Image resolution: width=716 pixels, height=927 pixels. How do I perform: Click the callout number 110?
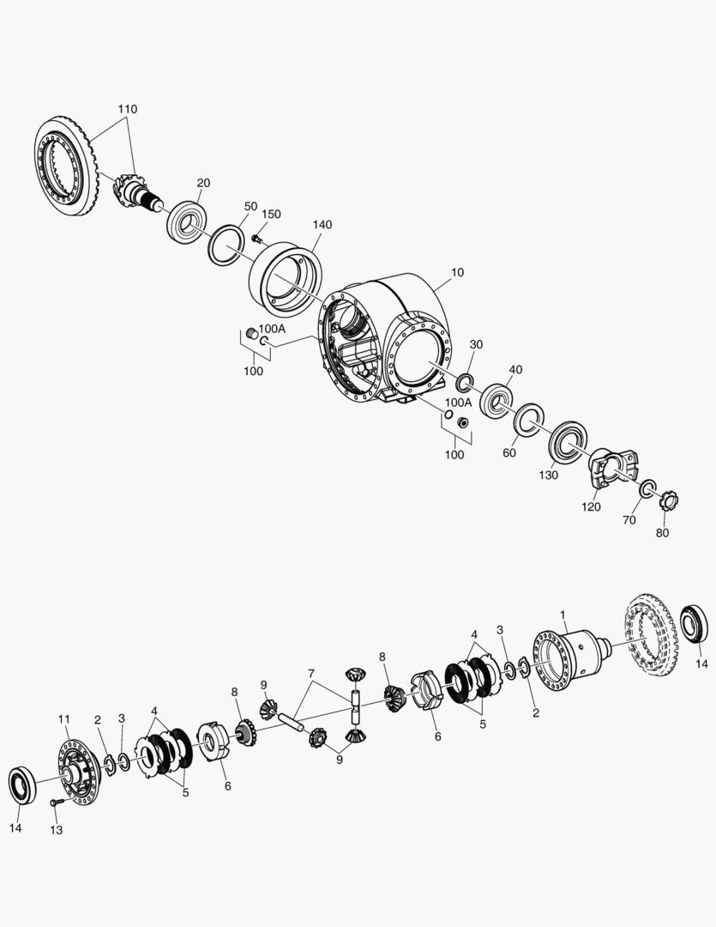click(128, 109)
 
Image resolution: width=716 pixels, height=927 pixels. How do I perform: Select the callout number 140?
click(322, 225)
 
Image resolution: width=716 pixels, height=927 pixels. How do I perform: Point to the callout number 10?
click(458, 273)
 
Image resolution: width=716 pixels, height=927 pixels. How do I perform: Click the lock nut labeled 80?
click(669, 502)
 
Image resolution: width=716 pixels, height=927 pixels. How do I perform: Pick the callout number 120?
click(592, 506)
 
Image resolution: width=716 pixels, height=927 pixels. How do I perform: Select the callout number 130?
click(548, 475)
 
